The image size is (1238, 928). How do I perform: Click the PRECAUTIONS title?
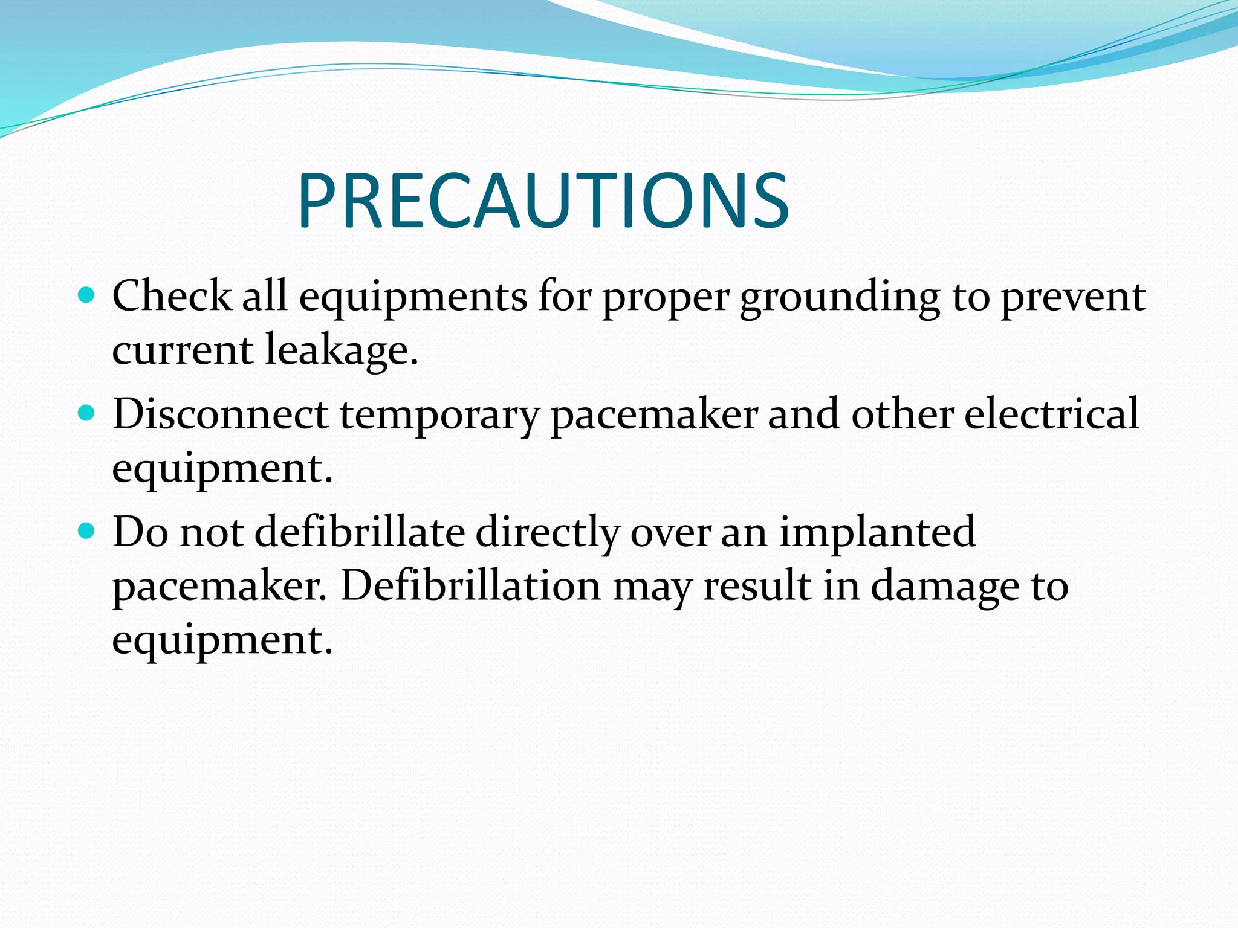[x=543, y=201]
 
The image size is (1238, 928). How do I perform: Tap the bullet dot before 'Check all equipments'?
[x=88, y=295]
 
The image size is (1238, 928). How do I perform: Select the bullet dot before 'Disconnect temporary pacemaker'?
[x=88, y=413]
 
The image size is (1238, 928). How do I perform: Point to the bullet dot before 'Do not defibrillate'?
[x=88, y=531]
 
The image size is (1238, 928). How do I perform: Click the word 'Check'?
[x=172, y=296]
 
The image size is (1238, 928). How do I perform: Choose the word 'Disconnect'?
[x=220, y=414]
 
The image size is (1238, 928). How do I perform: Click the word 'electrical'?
[x=1051, y=414]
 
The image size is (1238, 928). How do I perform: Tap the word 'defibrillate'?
[x=360, y=532]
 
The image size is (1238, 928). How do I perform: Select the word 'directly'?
[x=548, y=532]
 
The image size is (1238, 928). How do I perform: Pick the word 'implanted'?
[x=877, y=532]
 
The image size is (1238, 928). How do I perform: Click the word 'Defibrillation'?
[x=471, y=585]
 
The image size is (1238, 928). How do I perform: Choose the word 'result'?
[x=757, y=585]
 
